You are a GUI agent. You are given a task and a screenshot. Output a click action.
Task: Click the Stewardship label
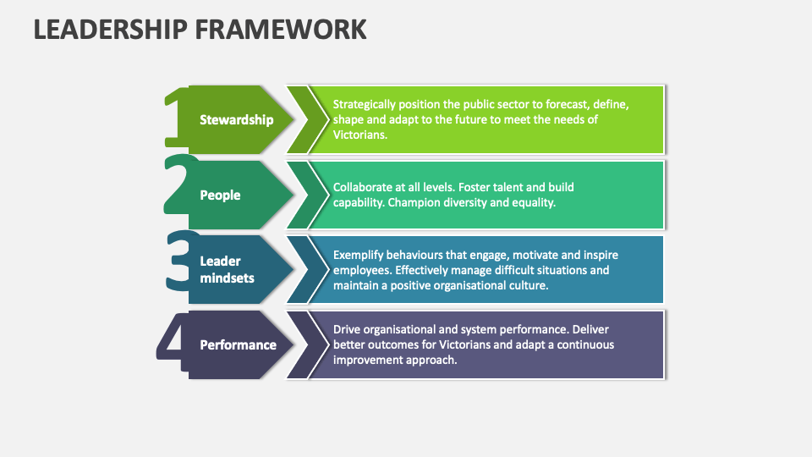click(236, 119)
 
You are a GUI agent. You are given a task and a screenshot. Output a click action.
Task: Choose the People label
click(220, 195)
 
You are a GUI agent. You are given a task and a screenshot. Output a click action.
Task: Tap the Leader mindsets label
click(227, 269)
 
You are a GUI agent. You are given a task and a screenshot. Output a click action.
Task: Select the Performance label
click(238, 344)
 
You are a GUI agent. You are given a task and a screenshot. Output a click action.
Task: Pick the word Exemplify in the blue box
click(359, 255)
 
